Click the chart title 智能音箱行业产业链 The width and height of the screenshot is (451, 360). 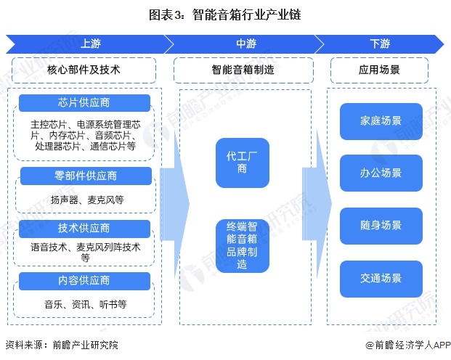click(x=225, y=15)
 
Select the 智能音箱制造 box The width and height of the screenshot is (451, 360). click(x=243, y=70)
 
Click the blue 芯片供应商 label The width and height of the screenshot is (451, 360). click(x=84, y=102)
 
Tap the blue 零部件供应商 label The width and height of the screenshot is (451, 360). click(x=84, y=176)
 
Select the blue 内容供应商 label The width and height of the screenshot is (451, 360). click(x=84, y=281)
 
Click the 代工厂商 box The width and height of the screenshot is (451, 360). click(x=243, y=163)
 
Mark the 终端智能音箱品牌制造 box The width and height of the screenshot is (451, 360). click(x=243, y=245)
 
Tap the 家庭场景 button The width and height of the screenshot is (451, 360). click(x=381, y=120)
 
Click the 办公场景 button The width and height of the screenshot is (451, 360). click(x=381, y=173)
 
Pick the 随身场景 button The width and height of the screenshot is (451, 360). click(x=381, y=225)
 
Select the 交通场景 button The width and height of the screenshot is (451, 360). click(x=381, y=277)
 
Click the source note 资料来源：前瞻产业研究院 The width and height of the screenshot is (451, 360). click(x=61, y=345)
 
